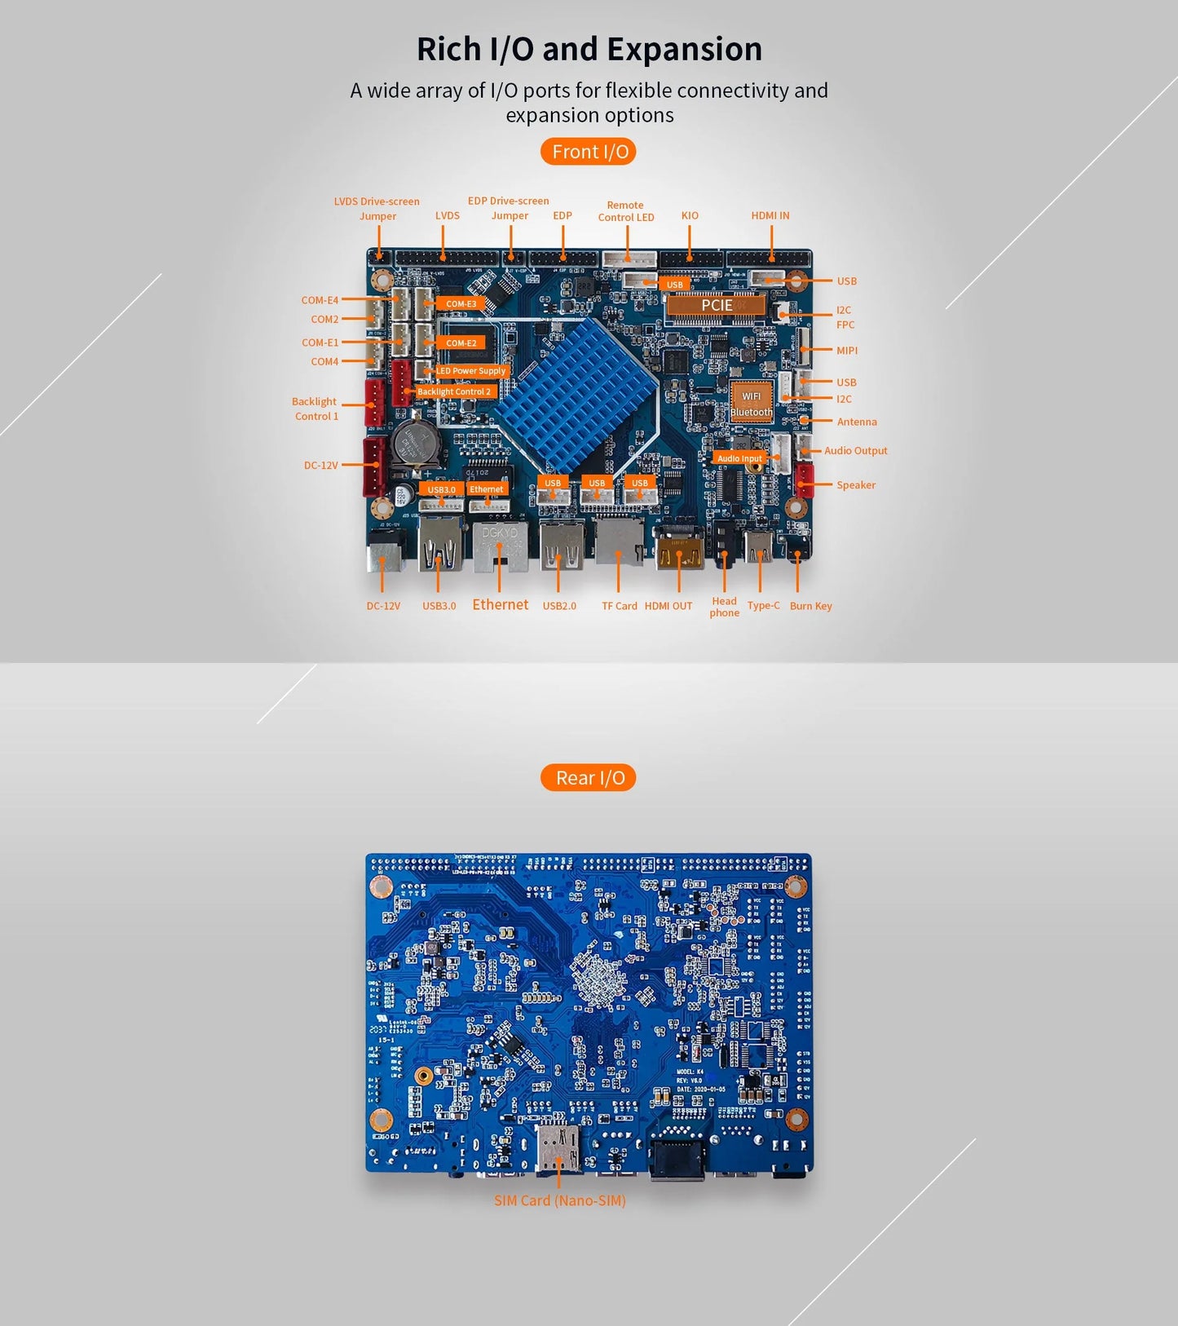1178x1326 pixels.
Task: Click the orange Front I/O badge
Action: coord(589,152)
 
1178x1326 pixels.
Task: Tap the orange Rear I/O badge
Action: coord(589,778)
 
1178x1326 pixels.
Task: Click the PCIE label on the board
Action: coord(716,305)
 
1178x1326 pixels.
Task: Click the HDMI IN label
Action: coord(770,215)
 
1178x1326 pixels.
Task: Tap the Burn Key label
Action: coord(810,606)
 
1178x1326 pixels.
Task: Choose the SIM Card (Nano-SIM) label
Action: coord(559,1200)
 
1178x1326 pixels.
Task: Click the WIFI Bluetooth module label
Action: coord(751,404)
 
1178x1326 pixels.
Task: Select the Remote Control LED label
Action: coord(625,211)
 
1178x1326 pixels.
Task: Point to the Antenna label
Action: coord(857,422)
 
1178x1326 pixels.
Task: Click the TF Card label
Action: coord(619,606)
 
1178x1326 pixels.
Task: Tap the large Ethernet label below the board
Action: coord(500,604)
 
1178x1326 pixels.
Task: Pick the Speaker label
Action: coord(855,484)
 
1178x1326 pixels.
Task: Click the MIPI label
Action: coord(846,351)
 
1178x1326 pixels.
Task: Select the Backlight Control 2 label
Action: coord(454,391)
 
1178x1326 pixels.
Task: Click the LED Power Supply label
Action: coord(470,371)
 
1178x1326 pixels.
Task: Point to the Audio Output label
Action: coord(855,450)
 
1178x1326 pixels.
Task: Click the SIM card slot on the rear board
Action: coord(558,1148)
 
